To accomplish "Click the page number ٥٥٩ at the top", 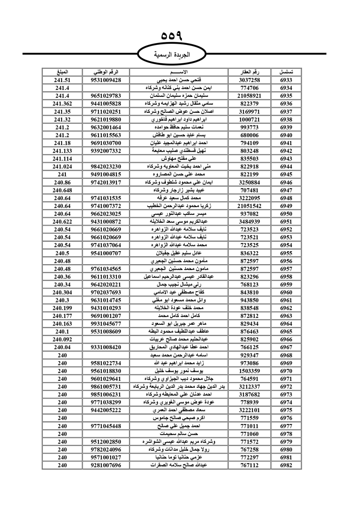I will coord(172,36).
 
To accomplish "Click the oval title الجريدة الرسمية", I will coord(172,55).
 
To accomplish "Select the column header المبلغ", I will coord(62,72).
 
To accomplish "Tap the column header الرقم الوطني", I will coord(106,72).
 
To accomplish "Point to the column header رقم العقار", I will coord(249,72).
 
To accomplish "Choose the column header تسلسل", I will coord(286,72).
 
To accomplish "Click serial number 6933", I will coord(286,80).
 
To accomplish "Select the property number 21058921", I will coord(249,96).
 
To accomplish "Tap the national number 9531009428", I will coord(106,80).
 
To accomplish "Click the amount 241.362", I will coord(62,104).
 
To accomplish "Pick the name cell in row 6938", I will coord(179,120).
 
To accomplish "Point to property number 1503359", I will coord(249,371).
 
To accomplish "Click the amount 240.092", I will coord(62,339).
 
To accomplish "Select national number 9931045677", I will coord(106,324).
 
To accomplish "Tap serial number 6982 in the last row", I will coord(286,465).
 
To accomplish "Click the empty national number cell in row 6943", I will coord(106,159).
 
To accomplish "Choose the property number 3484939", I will coord(249,222).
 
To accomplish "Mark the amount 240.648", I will coord(62,190).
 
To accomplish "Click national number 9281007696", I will coord(106,465).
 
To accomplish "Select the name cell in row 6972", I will coord(179,387).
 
